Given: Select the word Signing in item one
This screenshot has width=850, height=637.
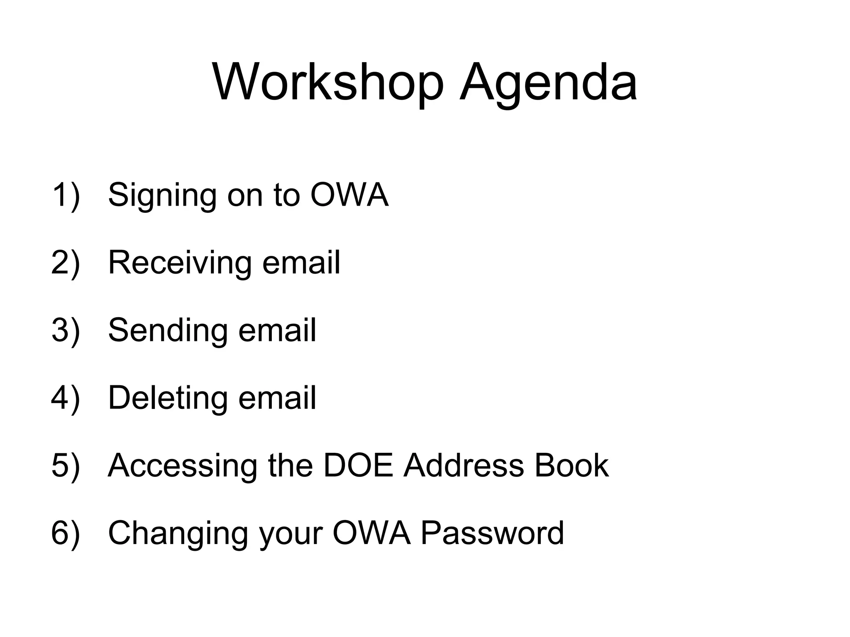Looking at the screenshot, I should (x=162, y=196).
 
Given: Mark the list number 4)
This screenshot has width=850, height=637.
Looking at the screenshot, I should (x=66, y=398).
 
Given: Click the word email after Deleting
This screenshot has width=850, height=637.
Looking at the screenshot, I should (x=277, y=398).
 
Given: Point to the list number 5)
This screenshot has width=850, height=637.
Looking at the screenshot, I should (x=66, y=465).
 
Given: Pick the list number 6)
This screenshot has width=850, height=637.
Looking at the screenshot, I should (x=66, y=533).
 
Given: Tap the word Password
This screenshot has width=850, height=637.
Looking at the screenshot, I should (x=492, y=533).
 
